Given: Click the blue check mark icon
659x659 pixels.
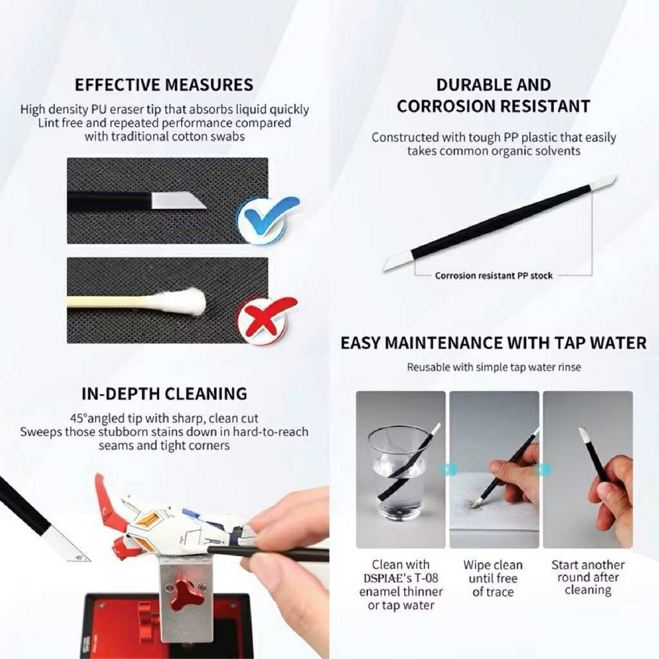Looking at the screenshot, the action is point(268,219).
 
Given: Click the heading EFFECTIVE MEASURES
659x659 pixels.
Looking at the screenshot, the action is point(164,85).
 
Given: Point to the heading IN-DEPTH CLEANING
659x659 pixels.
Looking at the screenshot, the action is point(164,394).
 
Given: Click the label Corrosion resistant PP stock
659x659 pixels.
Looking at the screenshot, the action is point(494,275).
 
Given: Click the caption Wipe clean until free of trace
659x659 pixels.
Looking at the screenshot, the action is point(493,579).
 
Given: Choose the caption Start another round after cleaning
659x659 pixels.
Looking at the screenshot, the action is point(588,577).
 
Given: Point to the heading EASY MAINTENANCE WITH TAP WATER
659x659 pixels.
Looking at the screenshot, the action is point(494,343).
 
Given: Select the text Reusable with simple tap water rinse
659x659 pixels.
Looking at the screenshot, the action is point(494,367).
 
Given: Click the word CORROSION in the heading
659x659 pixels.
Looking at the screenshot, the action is point(443,106).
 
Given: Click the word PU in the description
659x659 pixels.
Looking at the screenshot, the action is point(96,109).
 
